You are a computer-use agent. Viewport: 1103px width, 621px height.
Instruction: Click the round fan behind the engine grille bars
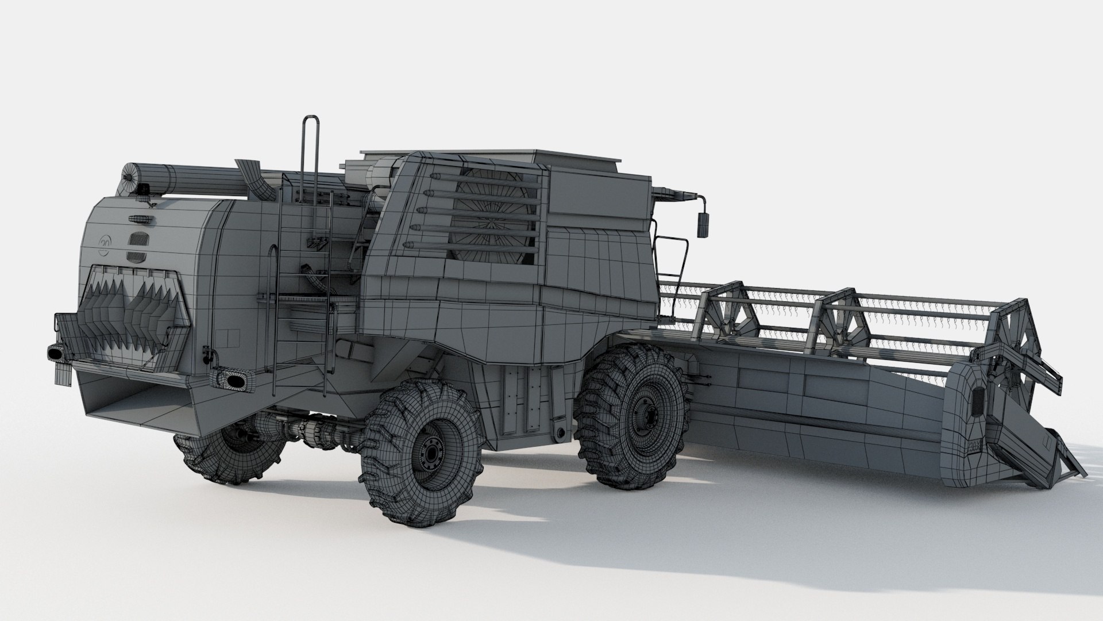click(x=488, y=216)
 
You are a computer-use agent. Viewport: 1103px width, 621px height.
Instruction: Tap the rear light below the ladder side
click(x=232, y=379)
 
